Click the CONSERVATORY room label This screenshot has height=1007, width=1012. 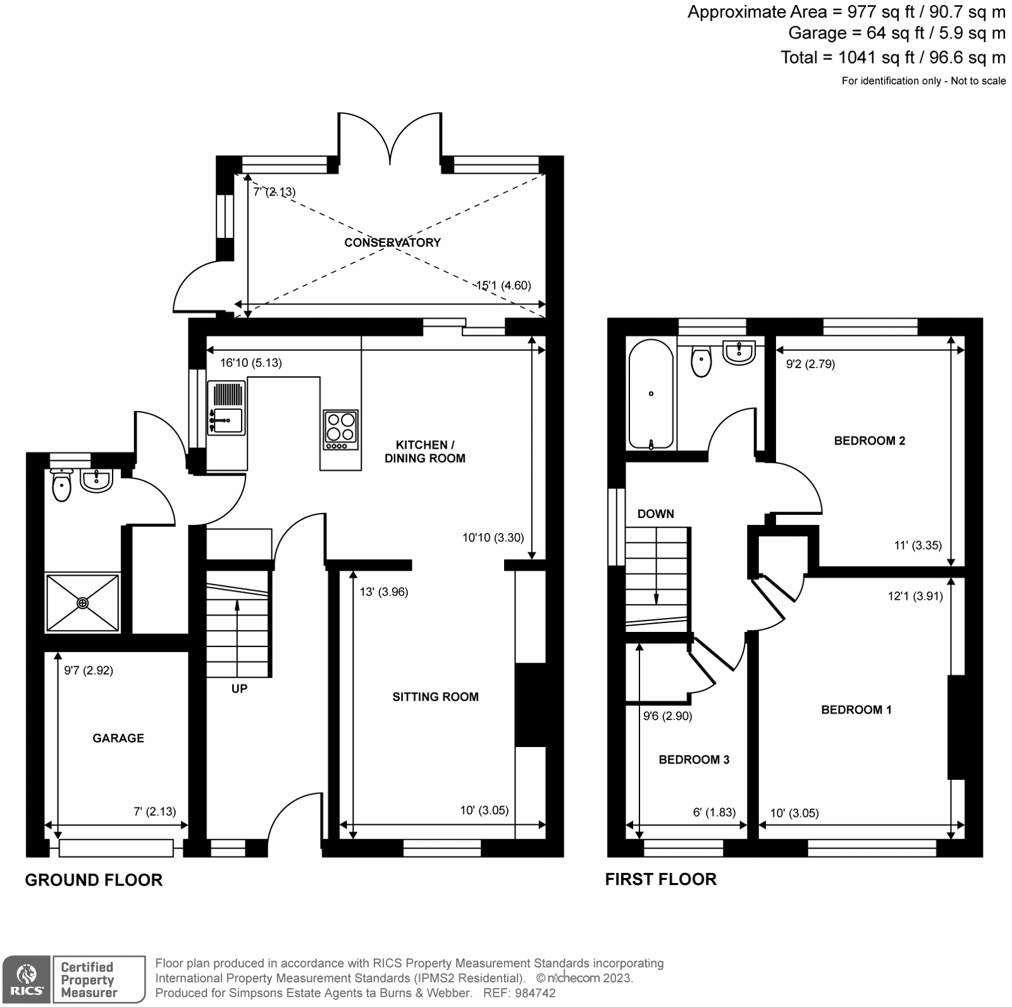[x=392, y=242]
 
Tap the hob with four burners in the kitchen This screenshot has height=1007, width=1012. [x=341, y=429]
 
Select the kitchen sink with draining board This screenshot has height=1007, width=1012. [x=226, y=408]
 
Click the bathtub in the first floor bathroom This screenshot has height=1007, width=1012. [x=651, y=394]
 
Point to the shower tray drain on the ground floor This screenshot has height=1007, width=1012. [x=83, y=603]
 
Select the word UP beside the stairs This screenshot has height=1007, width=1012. [x=239, y=688]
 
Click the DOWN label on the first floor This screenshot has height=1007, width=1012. [x=655, y=514]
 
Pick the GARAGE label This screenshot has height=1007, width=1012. [x=118, y=738]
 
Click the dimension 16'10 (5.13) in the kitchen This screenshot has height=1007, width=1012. [x=251, y=363]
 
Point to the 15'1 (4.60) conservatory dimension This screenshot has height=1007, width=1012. [x=503, y=285]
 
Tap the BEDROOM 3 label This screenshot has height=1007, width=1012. [x=694, y=759]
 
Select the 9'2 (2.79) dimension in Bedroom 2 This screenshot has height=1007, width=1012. [x=810, y=364]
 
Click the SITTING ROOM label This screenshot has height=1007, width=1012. [x=435, y=696]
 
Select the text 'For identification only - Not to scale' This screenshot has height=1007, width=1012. [x=923, y=81]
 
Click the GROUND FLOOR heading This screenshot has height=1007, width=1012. [x=94, y=880]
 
